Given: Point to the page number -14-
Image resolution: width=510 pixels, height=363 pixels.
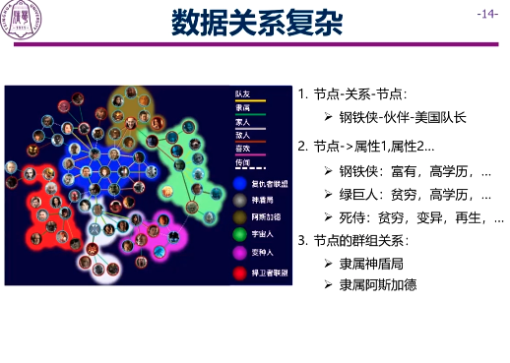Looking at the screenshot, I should point(486,14).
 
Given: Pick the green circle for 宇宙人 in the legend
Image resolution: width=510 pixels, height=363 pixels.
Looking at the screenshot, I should point(241,233).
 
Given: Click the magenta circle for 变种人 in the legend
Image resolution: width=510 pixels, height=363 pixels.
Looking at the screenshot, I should point(241,251).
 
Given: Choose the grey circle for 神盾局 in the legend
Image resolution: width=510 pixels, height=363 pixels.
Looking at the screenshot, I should point(241,199).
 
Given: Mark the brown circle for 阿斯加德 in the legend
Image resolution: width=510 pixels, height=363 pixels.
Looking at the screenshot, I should point(241,216).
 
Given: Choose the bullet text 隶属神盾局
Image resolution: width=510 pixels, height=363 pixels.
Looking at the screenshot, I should point(372,264).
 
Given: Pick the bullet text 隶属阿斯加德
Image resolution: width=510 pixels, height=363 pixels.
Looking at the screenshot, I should point(378,285).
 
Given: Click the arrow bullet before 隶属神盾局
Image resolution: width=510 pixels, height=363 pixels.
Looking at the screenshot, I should point(329,264).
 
